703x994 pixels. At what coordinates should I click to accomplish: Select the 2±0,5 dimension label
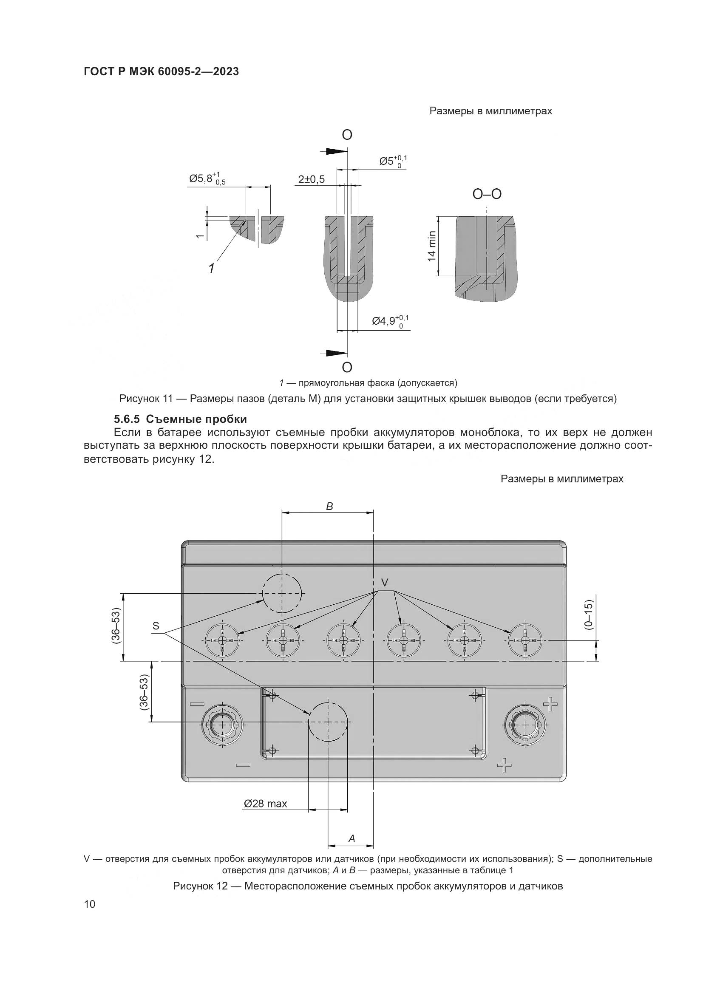pyautogui.click(x=311, y=179)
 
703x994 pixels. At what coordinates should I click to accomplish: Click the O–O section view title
pyautogui.click(x=487, y=194)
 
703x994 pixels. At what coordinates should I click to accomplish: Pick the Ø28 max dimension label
pyautogui.click(x=265, y=804)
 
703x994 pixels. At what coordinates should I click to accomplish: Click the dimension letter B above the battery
pyautogui.click(x=329, y=507)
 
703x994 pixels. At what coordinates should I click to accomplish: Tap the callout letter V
pyautogui.click(x=384, y=583)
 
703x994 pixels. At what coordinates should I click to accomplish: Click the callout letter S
pyautogui.click(x=156, y=626)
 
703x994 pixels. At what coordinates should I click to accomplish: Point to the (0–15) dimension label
pyautogui.click(x=589, y=615)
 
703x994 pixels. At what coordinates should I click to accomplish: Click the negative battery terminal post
pyautogui.click(x=221, y=724)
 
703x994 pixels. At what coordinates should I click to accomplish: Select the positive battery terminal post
pyautogui.click(x=524, y=724)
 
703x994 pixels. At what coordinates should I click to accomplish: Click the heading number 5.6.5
pyautogui.click(x=127, y=419)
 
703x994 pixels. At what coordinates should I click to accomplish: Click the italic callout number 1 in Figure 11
pyautogui.click(x=211, y=269)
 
